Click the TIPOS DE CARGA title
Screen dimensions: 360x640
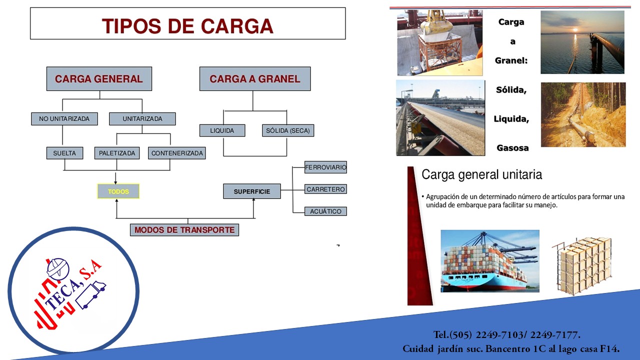187,25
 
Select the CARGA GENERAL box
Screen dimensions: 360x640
99,79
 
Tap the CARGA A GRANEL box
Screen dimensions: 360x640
254,79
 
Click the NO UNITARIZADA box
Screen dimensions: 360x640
64,119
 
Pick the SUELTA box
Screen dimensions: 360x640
64,153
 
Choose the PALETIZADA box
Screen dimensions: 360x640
117,153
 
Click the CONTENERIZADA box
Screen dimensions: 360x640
177,153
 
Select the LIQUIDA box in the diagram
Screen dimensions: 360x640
222,130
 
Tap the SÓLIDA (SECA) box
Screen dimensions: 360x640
287,130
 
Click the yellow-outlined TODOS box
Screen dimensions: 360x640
118,191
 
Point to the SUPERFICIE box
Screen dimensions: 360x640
252,191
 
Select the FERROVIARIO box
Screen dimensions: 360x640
325,167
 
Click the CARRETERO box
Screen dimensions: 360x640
325,189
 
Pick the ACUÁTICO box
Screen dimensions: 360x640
325,211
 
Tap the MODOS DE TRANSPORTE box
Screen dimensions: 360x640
184,230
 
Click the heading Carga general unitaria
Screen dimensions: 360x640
481,175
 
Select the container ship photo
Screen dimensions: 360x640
489,260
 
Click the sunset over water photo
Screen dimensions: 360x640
582,42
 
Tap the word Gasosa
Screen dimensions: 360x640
512,148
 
